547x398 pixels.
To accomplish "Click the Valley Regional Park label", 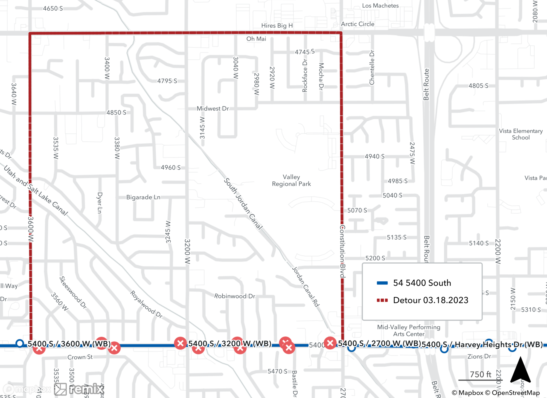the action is (x=291, y=181).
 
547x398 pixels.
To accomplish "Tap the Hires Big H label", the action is (x=277, y=26).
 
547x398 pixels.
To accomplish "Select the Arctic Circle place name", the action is (x=357, y=24).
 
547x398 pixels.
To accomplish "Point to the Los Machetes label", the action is (x=380, y=6).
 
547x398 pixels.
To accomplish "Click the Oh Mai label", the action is (x=256, y=39).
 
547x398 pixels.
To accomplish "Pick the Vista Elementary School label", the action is (x=521, y=134).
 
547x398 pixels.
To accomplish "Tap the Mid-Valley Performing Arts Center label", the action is (x=409, y=330).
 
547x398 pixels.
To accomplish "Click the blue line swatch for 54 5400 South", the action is (x=382, y=283).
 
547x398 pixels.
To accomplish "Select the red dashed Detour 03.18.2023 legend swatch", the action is (x=382, y=300).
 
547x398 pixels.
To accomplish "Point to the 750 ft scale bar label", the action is (x=480, y=374).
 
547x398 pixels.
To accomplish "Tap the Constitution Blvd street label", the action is (x=342, y=251).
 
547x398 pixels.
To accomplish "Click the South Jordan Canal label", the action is (x=243, y=204).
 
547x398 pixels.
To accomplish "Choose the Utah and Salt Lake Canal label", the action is (x=36, y=190).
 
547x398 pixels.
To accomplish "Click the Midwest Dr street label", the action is (x=213, y=109).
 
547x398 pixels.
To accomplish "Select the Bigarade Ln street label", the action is (x=143, y=197).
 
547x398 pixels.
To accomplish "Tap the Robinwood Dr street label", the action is (x=235, y=296).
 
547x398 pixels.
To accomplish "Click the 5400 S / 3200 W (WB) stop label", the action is (x=230, y=344).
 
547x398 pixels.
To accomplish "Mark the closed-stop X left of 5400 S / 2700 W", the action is (x=330, y=343).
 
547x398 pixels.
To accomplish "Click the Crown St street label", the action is (x=80, y=357).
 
